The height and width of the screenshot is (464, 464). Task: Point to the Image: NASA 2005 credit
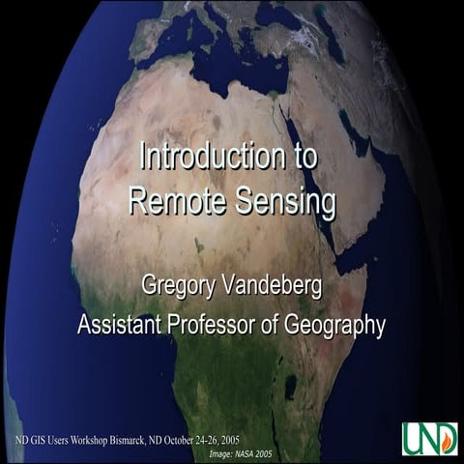(241, 451)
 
